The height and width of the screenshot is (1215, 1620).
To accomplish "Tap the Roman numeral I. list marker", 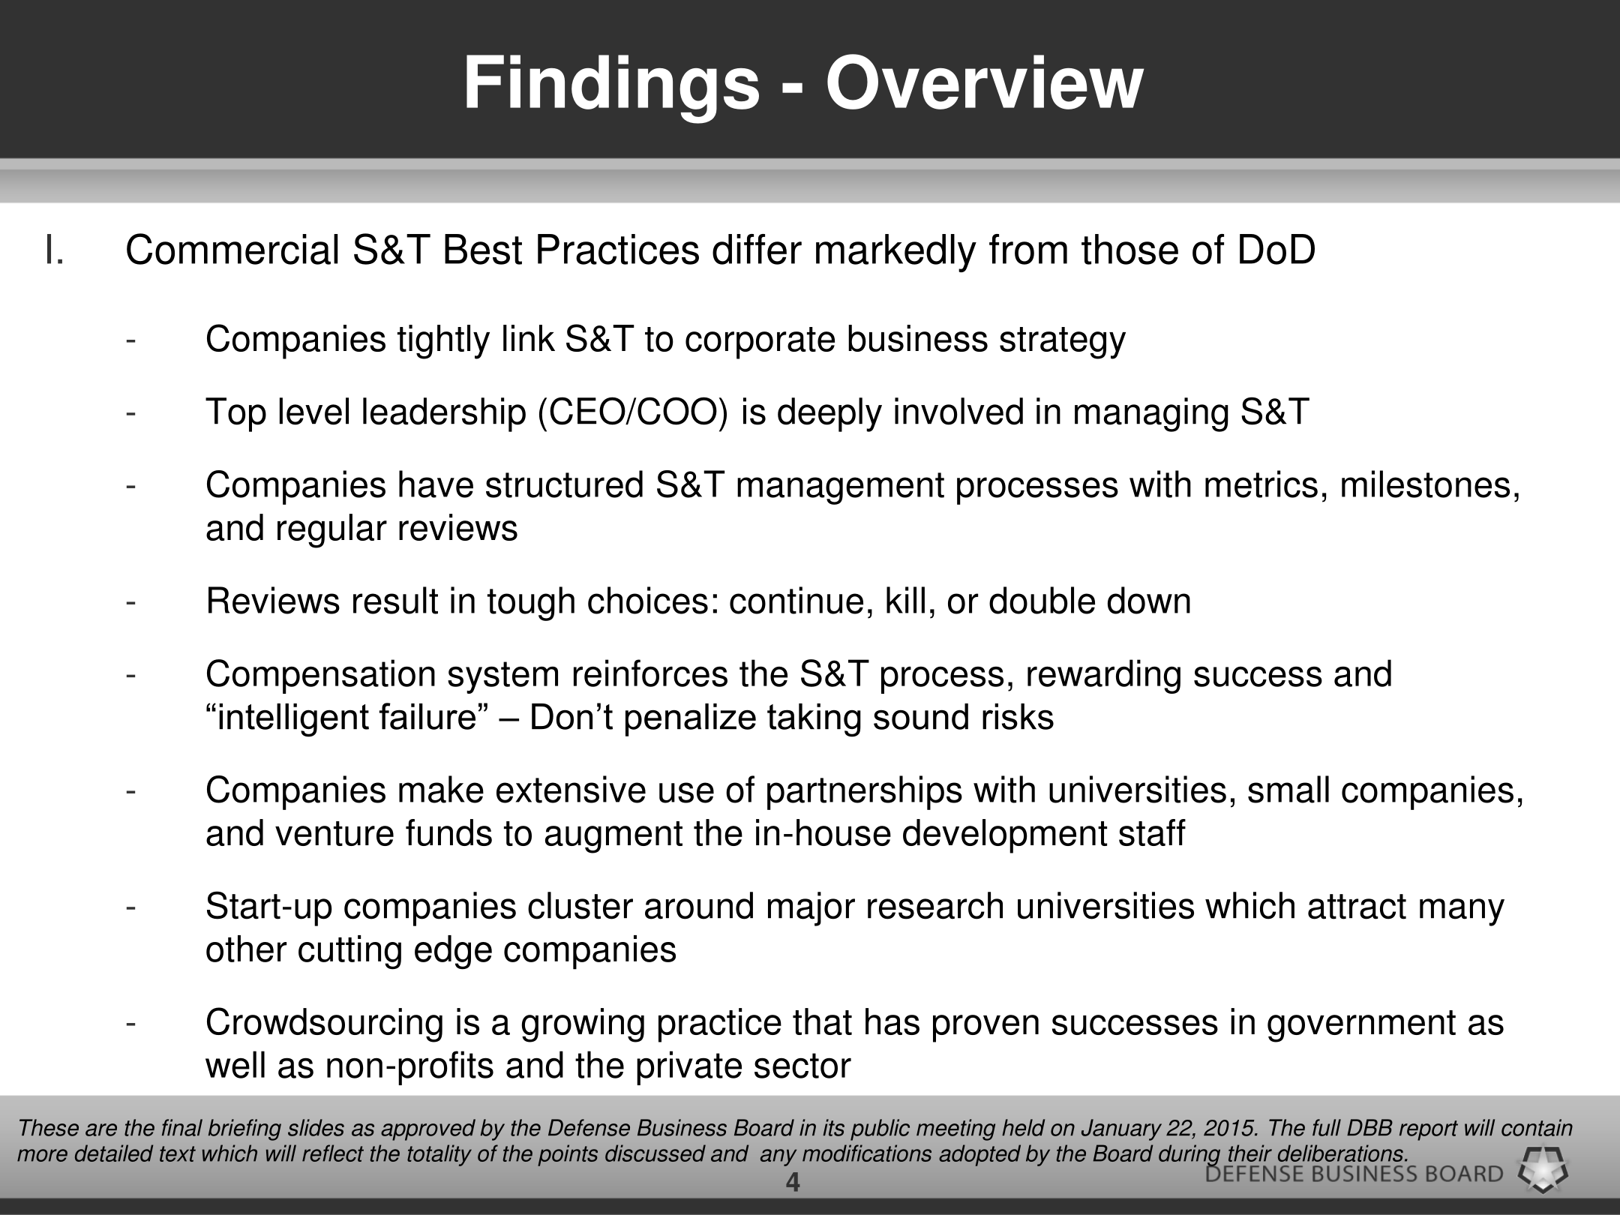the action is [54, 250].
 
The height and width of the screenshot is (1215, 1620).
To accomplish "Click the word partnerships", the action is [854, 791].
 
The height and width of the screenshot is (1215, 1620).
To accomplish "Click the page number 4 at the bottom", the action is [793, 1184].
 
